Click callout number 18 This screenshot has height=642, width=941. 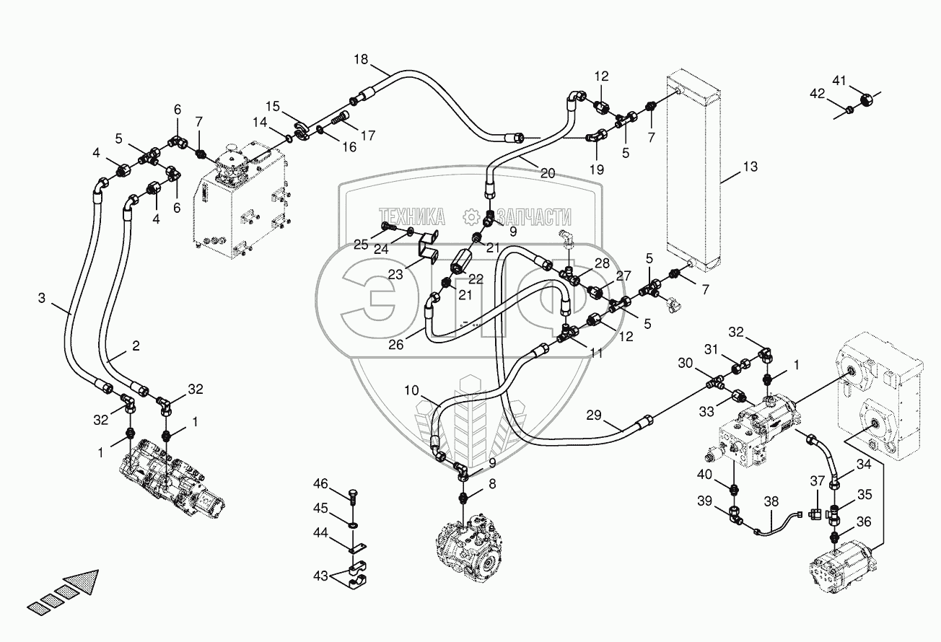361,60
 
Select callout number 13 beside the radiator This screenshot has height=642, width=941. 750,167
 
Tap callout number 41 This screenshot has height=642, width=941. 839,80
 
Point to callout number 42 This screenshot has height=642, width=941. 818,94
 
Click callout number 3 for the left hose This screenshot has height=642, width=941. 42,298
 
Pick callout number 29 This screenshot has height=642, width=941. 594,415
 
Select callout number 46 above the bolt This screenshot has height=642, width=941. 320,484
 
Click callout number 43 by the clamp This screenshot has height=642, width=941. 320,576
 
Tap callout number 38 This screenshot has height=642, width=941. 771,501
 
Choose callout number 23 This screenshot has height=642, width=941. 395,275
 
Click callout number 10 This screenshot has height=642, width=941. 411,390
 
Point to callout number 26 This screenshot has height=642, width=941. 395,345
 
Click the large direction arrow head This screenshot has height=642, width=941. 83,584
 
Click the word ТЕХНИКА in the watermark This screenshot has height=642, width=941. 411,217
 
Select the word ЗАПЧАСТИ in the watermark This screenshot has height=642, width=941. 534,217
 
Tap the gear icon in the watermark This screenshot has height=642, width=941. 471,217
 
